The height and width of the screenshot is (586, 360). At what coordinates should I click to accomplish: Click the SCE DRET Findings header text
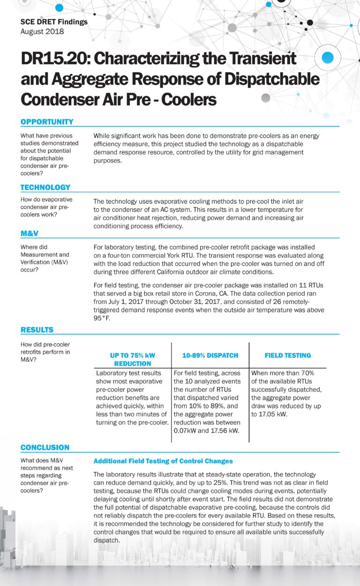[x=54, y=22]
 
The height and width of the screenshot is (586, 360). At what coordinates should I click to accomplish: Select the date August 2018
[x=42, y=31]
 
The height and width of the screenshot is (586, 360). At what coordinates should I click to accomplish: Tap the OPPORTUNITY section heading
[x=47, y=122]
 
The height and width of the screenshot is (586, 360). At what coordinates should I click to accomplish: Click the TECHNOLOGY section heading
[x=45, y=187]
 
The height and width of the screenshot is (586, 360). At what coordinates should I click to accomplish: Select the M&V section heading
[x=30, y=233]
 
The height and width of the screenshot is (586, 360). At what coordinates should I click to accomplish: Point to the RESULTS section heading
[x=37, y=330]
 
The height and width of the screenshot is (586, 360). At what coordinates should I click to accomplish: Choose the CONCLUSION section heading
[x=45, y=447]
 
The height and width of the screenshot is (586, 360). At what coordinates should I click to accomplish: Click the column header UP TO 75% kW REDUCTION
[x=133, y=359]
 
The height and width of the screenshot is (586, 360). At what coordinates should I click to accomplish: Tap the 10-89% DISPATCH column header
[x=210, y=356]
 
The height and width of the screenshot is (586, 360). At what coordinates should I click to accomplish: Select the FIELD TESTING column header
[x=287, y=356]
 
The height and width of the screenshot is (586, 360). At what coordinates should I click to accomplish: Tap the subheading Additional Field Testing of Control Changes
[x=163, y=461]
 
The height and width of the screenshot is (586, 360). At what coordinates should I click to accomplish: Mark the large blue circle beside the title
[x=328, y=58]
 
